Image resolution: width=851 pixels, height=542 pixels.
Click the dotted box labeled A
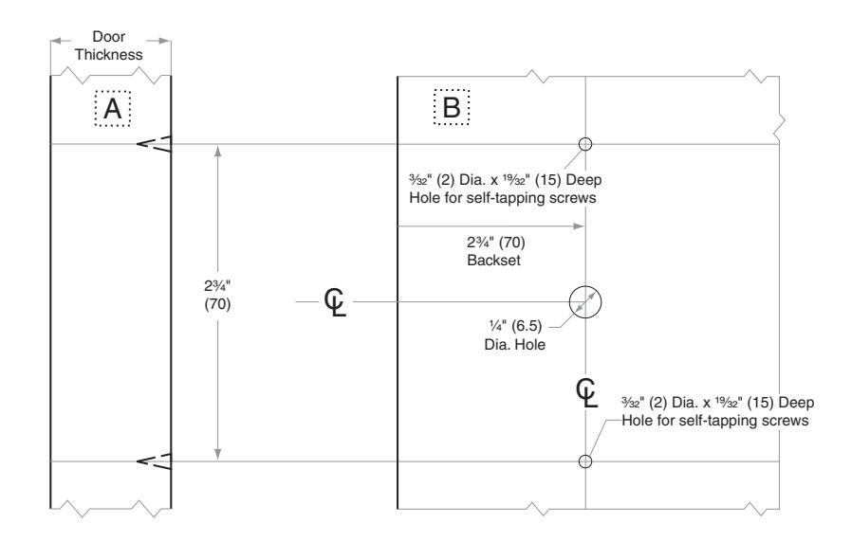(x=96, y=108)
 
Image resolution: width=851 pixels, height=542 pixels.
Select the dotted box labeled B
(x=435, y=107)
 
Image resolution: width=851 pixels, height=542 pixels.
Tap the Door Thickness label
(x=108, y=45)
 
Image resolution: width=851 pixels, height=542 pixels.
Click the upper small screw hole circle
(x=585, y=138)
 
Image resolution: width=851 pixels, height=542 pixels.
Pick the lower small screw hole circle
(x=585, y=456)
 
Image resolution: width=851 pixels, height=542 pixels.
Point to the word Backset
(x=493, y=261)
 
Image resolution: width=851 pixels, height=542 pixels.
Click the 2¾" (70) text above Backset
(x=495, y=242)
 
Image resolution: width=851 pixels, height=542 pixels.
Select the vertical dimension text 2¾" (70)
(x=217, y=295)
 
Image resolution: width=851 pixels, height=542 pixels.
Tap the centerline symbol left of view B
(x=336, y=302)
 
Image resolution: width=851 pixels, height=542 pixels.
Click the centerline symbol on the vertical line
(x=586, y=393)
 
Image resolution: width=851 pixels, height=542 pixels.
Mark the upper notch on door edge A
(x=154, y=144)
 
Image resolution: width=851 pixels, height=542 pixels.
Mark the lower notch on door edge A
(x=154, y=461)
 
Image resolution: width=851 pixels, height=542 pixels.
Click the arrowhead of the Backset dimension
(x=579, y=226)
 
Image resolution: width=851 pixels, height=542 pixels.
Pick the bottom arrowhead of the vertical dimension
(x=217, y=454)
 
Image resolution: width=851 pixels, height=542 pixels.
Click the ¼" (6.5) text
(x=515, y=326)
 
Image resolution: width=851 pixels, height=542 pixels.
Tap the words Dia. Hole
(x=514, y=345)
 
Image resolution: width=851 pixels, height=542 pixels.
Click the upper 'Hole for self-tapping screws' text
(x=503, y=198)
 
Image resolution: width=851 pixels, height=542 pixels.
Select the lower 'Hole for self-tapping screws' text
(x=714, y=421)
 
